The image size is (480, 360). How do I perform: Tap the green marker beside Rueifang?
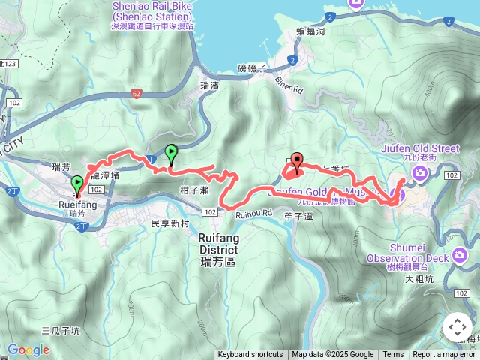click(77, 184)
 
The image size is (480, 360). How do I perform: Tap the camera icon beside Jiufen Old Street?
click(419, 175)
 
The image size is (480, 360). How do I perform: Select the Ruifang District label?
click(218, 244)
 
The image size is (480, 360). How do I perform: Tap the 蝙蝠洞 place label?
click(309, 32)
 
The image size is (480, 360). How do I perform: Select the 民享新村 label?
click(172, 223)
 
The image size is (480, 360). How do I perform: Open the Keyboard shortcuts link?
click(250, 355)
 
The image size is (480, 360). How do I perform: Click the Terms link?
click(393, 355)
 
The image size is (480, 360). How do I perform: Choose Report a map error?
click(445, 355)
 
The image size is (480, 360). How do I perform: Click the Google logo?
click(28, 349)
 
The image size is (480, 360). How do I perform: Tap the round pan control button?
click(457, 327)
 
